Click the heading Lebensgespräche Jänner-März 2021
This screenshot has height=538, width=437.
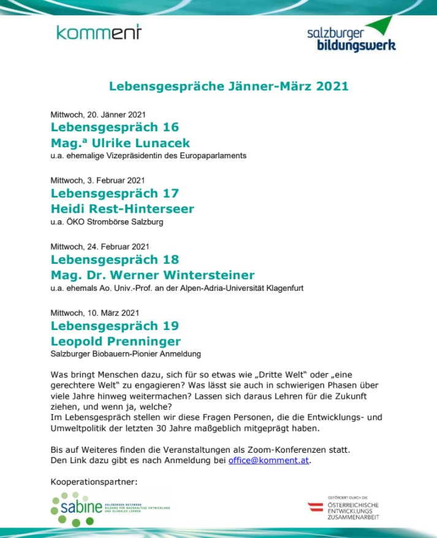(x=229, y=86)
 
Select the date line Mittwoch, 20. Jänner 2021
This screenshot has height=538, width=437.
(x=98, y=114)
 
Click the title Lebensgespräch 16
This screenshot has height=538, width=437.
(x=115, y=128)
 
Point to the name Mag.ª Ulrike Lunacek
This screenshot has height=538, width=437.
(x=120, y=144)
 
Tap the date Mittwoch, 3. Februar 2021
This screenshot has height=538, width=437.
(x=97, y=180)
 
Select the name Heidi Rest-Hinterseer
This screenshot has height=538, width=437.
(x=122, y=209)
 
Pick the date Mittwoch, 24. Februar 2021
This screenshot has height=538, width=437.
(x=99, y=247)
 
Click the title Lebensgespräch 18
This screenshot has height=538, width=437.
(x=115, y=259)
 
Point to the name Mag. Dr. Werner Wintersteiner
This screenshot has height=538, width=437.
(x=152, y=275)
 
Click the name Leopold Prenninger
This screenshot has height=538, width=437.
(x=115, y=341)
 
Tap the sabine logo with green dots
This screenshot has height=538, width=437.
(x=80, y=508)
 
